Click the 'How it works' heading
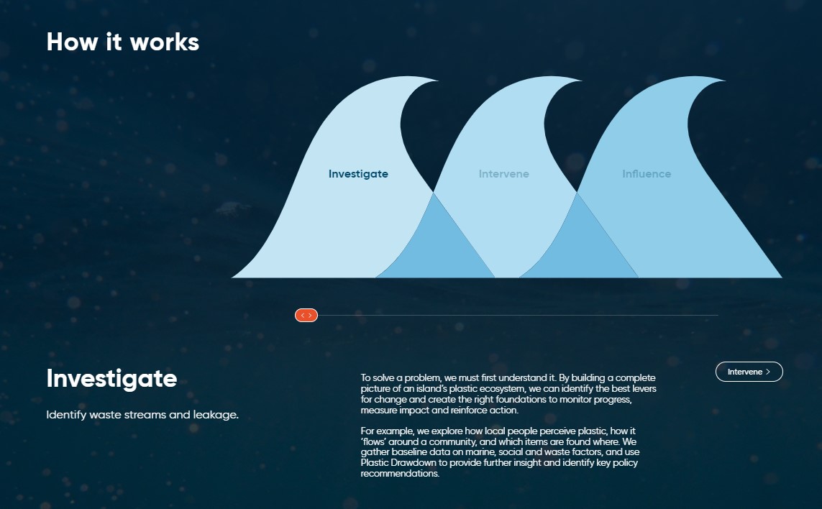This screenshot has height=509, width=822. point(123,42)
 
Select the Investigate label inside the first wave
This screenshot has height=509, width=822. point(358,174)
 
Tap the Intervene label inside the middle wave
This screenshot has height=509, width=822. point(504,174)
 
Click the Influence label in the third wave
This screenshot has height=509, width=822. point(647,174)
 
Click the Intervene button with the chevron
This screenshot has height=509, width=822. point(749,372)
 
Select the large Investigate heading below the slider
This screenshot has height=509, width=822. point(111,378)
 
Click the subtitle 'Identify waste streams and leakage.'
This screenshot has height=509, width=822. point(142,415)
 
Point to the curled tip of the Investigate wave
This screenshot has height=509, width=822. point(437,81)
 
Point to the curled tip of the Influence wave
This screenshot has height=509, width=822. point(724,81)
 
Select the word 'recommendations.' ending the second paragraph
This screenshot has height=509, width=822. point(400,473)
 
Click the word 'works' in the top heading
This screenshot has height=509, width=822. point(165,42)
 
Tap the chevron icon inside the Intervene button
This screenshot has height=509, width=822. point(768,372)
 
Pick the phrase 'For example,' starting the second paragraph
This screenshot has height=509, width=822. point(388,431)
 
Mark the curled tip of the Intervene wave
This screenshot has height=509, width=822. point(581,81)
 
